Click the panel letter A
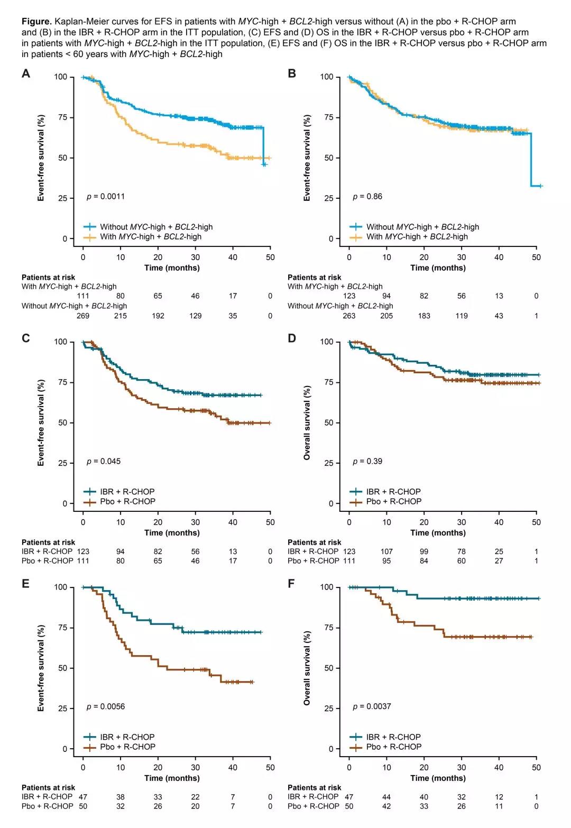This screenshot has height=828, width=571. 26,74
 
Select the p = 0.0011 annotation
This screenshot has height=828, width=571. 106,197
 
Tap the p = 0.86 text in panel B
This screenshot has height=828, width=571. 367,197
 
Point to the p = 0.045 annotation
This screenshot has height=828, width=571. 104,462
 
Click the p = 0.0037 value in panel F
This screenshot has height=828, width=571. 372,706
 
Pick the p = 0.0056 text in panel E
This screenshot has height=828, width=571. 106,706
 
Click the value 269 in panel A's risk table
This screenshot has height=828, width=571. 83,316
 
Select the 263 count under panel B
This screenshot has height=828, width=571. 349,316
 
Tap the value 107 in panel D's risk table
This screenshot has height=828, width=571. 386,551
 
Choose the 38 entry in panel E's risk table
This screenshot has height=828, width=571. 121,797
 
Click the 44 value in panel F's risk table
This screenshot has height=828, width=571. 386,797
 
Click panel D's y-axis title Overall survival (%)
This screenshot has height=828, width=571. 307,422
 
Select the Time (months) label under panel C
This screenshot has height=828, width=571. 172,533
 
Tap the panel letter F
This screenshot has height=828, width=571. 292,584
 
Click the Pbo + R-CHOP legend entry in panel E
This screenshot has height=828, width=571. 127,747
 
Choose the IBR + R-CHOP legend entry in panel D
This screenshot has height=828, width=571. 393,492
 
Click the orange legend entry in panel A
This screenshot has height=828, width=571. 151,237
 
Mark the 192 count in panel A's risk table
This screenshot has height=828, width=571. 158,316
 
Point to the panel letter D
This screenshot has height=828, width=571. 292,338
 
